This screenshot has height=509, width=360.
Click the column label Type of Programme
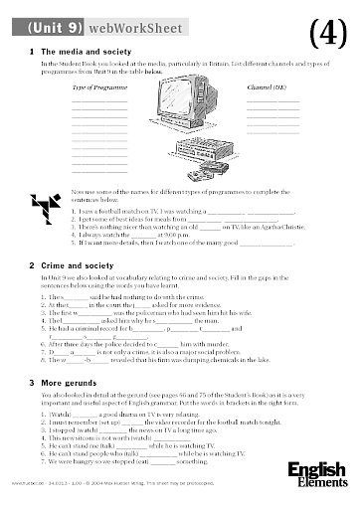[x=95, y=87]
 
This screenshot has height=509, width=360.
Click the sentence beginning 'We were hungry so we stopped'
[x=149, y=490]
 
